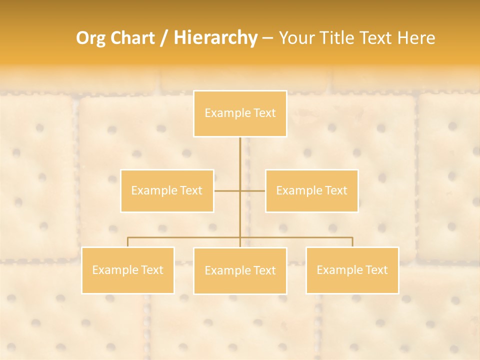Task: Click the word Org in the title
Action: click(90, 38)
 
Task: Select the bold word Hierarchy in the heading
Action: click(215, 38)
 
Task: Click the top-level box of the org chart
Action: click(240, 113)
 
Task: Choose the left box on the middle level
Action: click(167, 190)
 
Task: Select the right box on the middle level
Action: click(311, 190)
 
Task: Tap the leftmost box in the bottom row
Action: click(128, 270)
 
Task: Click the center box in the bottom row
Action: click(240, 270)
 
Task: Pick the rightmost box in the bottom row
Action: click(352, 270)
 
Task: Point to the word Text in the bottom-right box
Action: click(376, 270)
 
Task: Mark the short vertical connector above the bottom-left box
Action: click(128, 242)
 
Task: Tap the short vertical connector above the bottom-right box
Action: click(352, 242)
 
